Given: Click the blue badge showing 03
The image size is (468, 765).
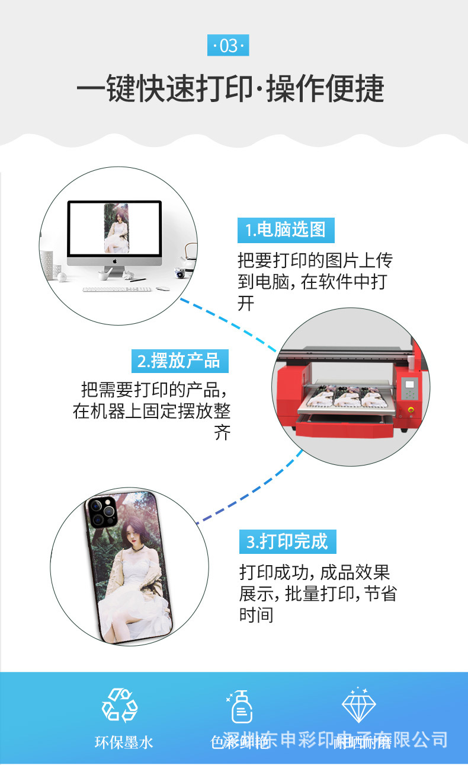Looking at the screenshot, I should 228,46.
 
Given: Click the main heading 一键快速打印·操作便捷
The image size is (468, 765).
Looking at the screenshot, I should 231,89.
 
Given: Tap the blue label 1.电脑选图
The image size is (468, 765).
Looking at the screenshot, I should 286,230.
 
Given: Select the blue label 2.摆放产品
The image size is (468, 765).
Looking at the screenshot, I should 179,361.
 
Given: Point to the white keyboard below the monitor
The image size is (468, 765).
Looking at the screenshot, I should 117,289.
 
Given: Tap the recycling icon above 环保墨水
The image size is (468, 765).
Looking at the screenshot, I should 120,706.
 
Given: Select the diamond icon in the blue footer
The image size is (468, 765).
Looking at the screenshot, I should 359,705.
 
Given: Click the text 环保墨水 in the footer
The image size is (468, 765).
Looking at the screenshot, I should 124,742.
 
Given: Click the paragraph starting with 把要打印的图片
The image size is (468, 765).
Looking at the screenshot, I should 314,282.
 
